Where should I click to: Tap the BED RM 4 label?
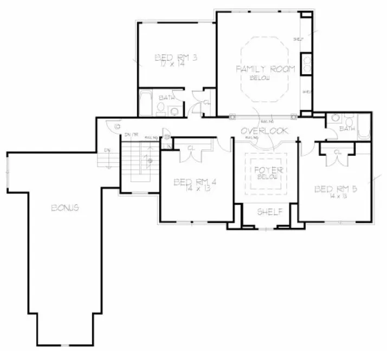pos(195,182)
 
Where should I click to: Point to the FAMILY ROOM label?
pos(265,69)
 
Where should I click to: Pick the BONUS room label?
pos(67,208)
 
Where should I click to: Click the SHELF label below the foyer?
pos(269,211)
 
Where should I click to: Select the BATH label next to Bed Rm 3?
pos(166,98)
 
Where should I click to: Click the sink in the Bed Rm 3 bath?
pos(175,111)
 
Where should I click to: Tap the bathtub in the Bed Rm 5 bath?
pos(365,128)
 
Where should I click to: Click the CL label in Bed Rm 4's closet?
pos(191,147)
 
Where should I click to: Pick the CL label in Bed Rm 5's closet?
pos(337,152)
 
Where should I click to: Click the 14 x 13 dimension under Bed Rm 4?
pos(194,190)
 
